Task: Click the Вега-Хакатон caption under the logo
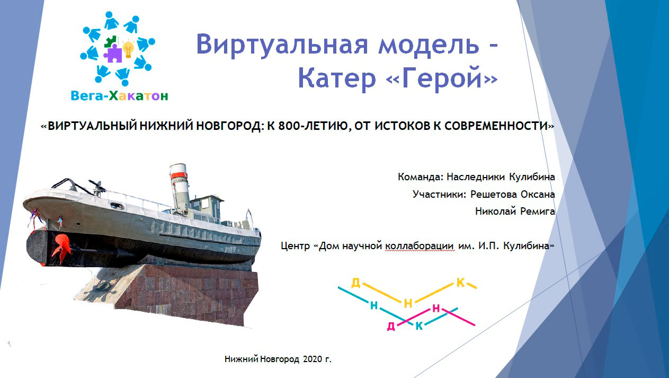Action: (x=120, y=96)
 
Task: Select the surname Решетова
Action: (x=494, y=194)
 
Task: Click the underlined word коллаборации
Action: (x=420, y=246)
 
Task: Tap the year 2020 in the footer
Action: (x=313, y=359)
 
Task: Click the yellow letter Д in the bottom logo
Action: (x=356, y=283)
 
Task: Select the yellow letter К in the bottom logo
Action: (x=461, y=283)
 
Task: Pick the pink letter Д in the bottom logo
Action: (x=391, y=326)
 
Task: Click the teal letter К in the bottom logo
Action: (x=420, y=326)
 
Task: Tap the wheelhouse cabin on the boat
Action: (x=207, y=206)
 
